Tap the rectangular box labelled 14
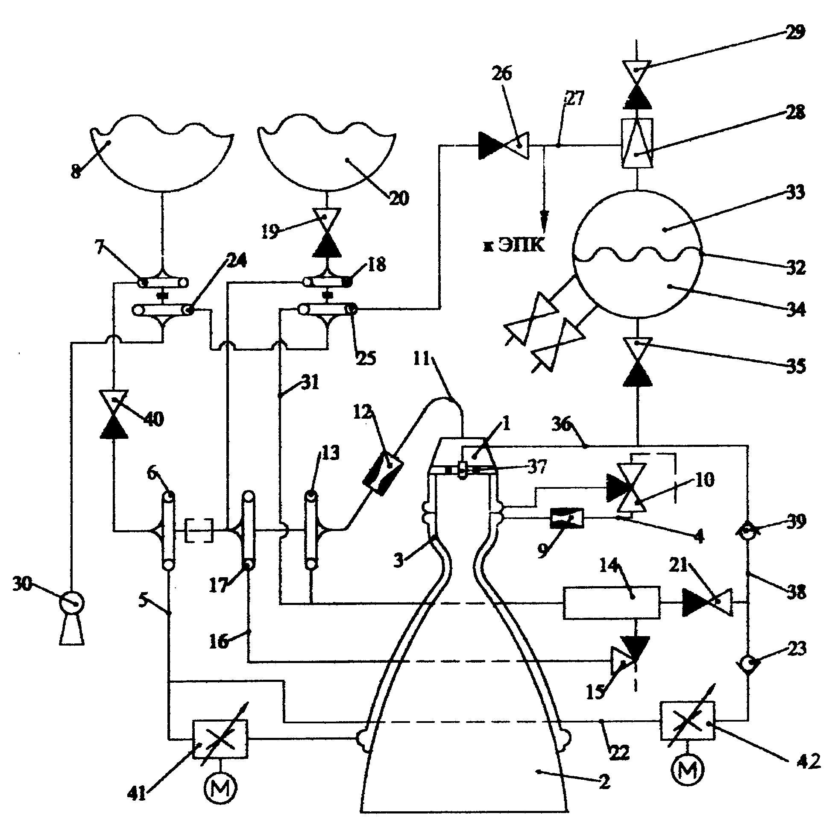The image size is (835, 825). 612,603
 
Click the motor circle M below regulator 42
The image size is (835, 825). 688,769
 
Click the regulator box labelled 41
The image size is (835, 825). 220,739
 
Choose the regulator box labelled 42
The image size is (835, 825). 687,721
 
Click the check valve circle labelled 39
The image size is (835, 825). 748,531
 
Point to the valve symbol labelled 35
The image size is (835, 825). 637,362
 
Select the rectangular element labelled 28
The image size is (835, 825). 637,143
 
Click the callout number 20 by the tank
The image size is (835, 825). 398,198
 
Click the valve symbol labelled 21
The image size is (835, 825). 707,602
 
